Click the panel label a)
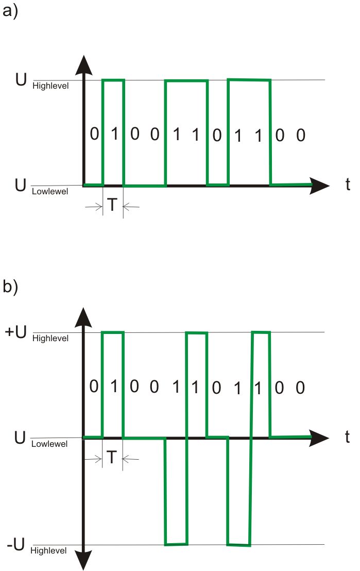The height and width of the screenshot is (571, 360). click(x=10, y=11)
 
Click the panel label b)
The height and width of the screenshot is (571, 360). click(x=10, y=287)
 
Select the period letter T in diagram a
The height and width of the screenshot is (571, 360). click(x=113, y=206)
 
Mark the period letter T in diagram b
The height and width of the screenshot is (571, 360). click(x=113, y=457)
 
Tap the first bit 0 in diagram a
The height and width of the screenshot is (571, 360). click(x=94, y=135)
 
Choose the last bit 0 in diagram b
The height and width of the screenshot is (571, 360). click(x=300, y=388)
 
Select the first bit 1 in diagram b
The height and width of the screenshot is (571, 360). click(x=114, y=387)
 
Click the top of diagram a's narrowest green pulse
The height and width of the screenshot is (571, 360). click(x=113, y=80)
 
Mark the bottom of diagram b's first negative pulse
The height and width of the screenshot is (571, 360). click(x=176, y=544)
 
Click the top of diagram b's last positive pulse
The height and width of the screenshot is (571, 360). click(x=261, y=332)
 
